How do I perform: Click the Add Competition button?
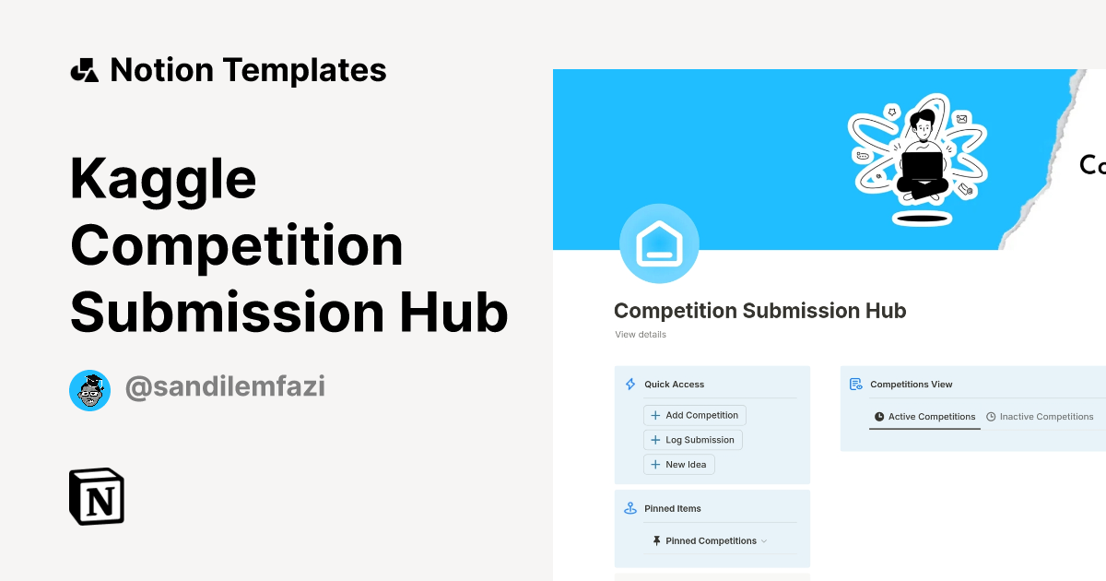[694, 416]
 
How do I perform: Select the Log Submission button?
[692, 440]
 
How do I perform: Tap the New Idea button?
[678, 465]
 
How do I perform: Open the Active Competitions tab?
[924, 417]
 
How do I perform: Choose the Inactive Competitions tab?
[1040, 417]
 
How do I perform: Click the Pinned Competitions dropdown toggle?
[764, 541]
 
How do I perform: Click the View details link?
[641, 335]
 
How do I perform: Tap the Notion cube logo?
[97, 496]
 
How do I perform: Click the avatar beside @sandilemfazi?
[89, 390]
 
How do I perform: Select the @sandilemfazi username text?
[225, 388]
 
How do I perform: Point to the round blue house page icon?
[659, 243]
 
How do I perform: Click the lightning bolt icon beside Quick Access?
[630, 385]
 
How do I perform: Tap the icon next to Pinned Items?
[630, 508]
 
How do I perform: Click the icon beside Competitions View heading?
[856, 385]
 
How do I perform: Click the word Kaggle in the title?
[163, 178]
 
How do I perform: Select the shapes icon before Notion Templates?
[84, 70]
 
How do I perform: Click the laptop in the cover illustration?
[922, 166]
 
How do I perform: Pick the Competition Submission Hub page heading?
[759, 311]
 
